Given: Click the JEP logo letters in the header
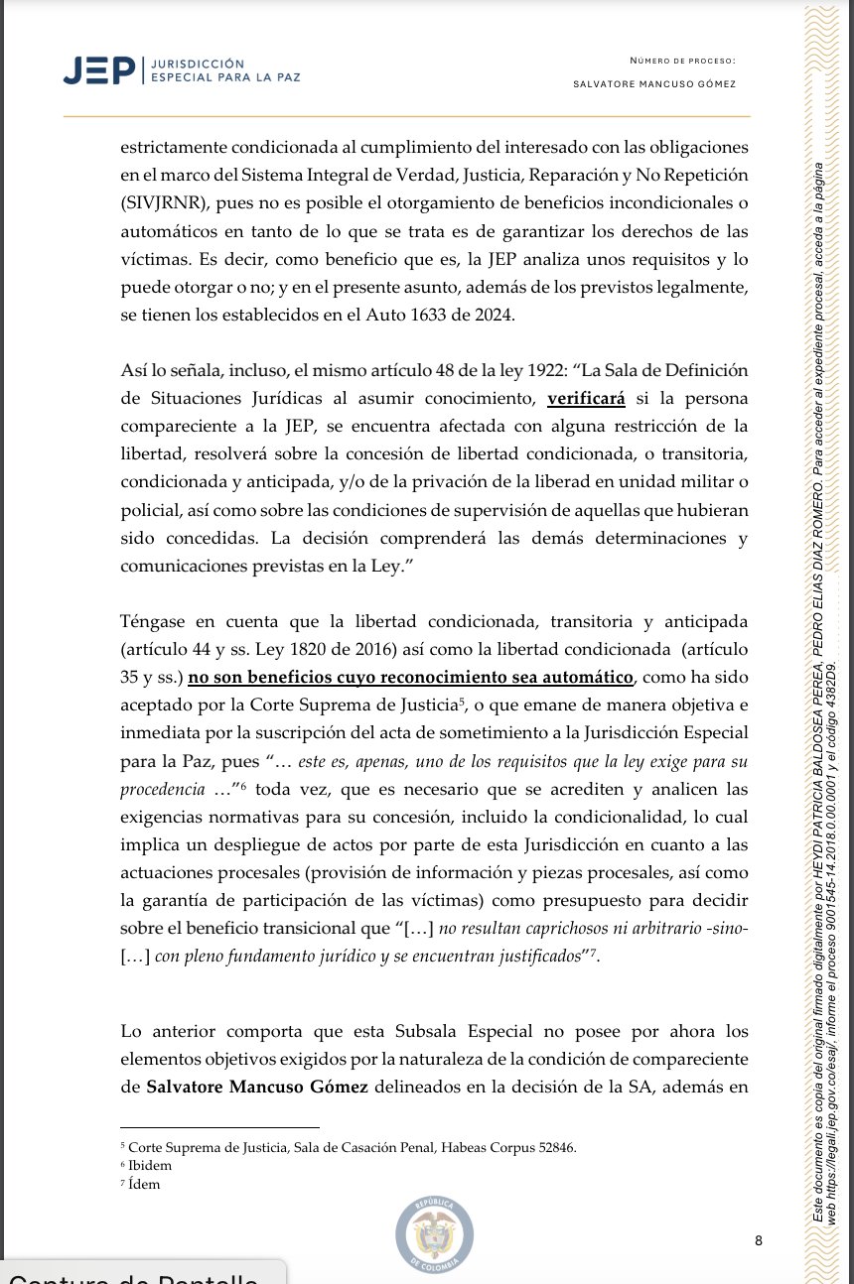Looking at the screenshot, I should [x=98, y=68].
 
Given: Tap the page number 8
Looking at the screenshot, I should [x=759, y=1240].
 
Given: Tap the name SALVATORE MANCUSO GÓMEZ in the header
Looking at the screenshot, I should [x=654, y=84].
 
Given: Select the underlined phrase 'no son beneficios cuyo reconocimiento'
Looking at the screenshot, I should [x=362, y=678].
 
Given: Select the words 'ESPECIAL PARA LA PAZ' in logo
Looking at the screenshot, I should [x=222, y=76].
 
